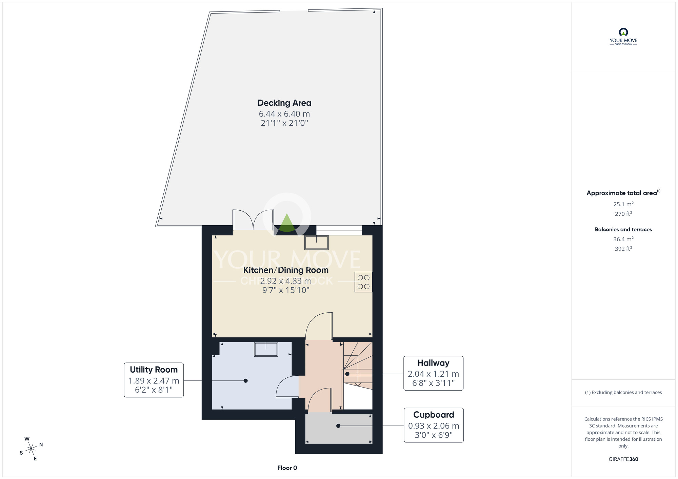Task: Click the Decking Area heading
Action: pyautogui.click(x=284, y=103)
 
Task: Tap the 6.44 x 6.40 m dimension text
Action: pyautogui.click(x=284, y=114)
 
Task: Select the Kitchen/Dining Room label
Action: pyautogui.click(x=286, y=270)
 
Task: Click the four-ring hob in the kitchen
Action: pyautogui.click(x=363, y=282)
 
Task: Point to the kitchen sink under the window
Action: pyautogui.click(x=316, y=243)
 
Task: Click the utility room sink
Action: pyautogui.click(x=266, y=349)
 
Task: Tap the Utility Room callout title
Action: pyautogui.click(x=154, y=370)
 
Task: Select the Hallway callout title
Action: pyautogui.click(x=433, y=363)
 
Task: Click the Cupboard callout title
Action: pyautogui.click(x=433, y=415)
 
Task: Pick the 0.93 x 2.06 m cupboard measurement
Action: pyautogui.click(x=433, y=426)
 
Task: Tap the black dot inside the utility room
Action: pyautogui.click(x=246, y=381)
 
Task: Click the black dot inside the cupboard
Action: pyautogui.click(x=338, y=426)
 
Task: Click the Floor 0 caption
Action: pyautogui.click(x=287, y=468)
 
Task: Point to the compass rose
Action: pyautogui.click(x=31, y=449)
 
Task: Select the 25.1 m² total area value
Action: pyautogui.click(x=623, y=204)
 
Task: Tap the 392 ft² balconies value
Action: pyautogui.click(x=623, y=249)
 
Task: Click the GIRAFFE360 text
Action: pyautogui.click(x=623, y=459)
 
